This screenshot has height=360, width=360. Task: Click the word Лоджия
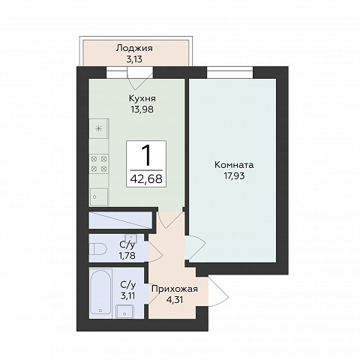click(134, 49)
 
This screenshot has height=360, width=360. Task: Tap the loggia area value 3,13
click(134, 59)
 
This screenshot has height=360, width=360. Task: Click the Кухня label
click(142, 98)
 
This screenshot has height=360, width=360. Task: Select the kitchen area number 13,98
click(142, 109)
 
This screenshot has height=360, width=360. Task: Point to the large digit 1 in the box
click(146, 155)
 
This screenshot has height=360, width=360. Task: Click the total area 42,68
click(146, 178)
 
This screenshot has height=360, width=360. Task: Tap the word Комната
click(234, 165)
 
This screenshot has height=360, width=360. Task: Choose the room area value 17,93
click(234, 176)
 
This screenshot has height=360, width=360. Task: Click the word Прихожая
click(175, 289)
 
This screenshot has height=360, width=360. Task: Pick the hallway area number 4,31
click(175, 299)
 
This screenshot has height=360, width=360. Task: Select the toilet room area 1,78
click(127, 256)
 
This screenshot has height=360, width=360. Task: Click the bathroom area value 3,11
click(127, 296)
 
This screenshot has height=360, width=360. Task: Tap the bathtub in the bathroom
click(100, 292)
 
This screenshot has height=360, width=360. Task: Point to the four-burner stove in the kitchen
click(99, 163)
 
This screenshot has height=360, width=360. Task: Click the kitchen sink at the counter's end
click(99, 196)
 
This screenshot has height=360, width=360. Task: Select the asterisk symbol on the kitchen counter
click(99, 129)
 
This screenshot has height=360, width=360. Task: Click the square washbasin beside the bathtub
click(124, 311)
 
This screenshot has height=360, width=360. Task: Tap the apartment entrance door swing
click(218, 292)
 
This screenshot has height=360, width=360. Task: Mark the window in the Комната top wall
click(230, 73)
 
